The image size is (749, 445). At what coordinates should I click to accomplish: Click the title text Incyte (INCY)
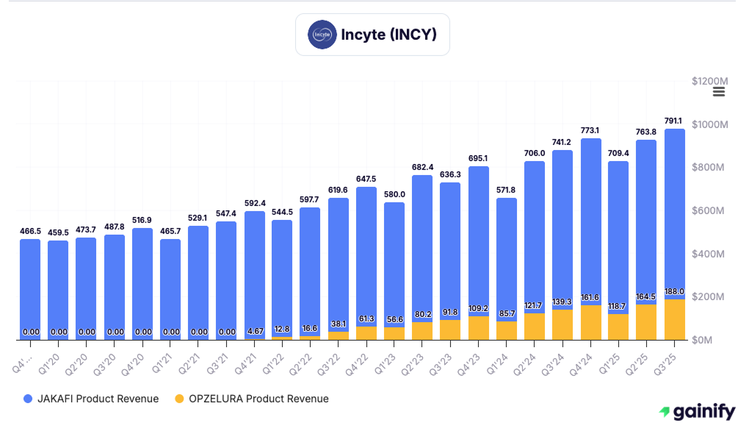388,35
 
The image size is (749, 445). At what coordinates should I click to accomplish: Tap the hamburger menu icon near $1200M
719,91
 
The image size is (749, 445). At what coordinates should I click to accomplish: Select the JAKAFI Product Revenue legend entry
91,399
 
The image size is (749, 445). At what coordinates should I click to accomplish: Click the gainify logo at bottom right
697,412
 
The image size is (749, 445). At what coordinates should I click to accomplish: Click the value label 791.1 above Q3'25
675,121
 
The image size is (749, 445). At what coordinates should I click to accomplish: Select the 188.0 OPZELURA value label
675,291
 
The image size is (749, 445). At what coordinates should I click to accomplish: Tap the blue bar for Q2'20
87,287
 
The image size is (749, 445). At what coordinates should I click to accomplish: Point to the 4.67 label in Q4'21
255,331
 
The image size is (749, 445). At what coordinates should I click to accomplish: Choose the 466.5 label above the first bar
30,231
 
